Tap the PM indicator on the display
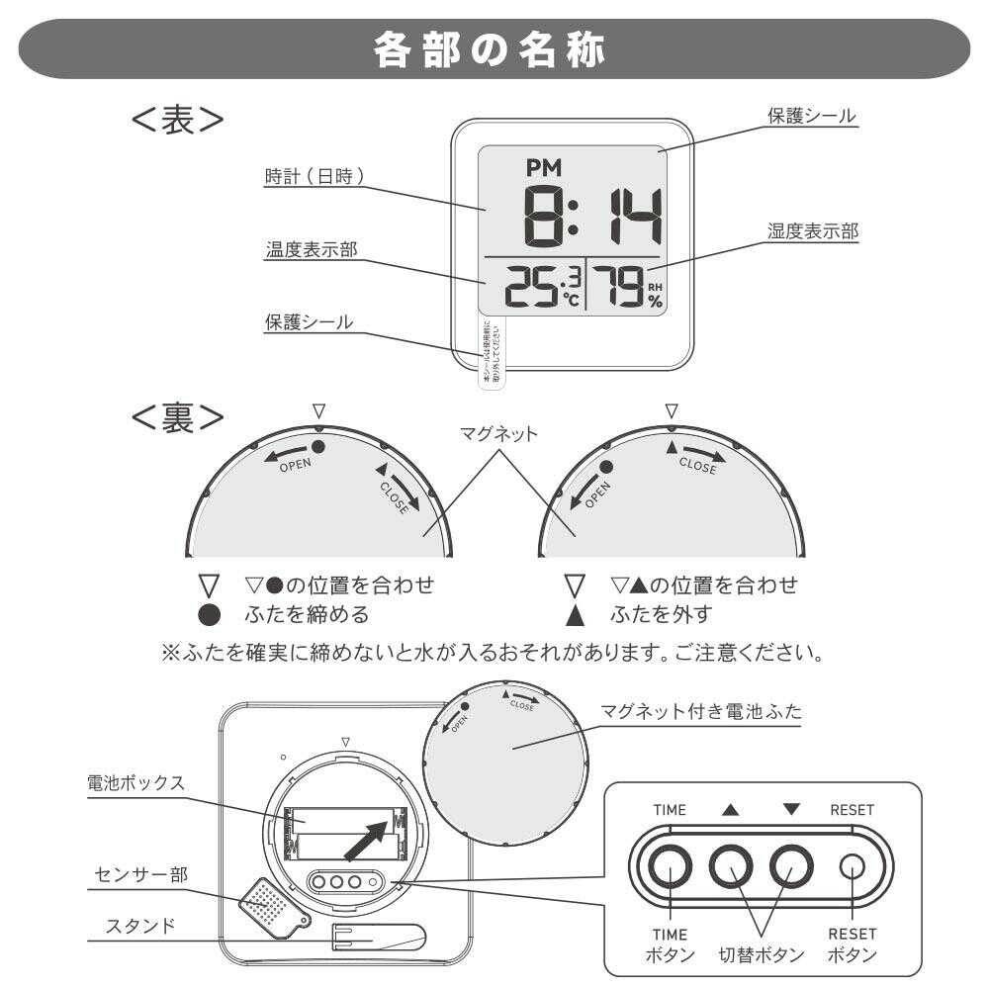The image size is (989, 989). tap(543, 169)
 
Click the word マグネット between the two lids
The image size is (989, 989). tap(498, 433)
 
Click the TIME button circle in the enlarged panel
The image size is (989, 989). tap(670, 867)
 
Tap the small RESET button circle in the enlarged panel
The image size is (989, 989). tap(853, 867)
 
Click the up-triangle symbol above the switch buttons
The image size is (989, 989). tap(730, 809)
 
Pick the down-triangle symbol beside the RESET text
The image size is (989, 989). tap(791, 809)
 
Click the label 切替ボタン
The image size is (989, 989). tap(761, 955)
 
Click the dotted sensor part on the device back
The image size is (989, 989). tap(268, 902)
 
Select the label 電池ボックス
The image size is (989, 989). tap(135, 782)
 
